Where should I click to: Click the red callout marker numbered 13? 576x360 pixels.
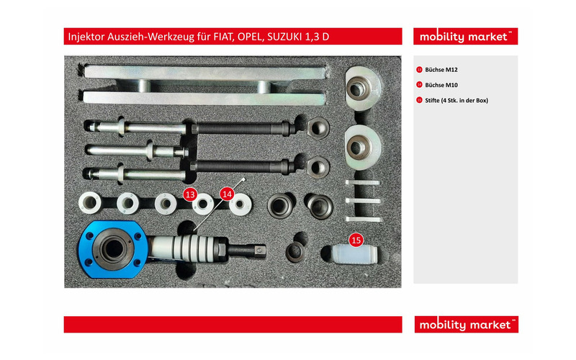point(190,194)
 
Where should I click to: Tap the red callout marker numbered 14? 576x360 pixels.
point(227,194)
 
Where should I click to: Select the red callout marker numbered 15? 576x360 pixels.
point(356,240)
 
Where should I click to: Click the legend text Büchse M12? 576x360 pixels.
point(441,69)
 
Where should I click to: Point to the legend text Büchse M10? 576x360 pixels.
point(441,85)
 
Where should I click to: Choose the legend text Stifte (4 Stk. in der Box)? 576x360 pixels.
point(456,100)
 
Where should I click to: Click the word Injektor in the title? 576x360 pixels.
point(86,37)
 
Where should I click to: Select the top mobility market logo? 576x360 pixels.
point(465,37)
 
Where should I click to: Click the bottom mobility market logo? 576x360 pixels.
point(466,325)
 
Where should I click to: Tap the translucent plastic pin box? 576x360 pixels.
point(354,254)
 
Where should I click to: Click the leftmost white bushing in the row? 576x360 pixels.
point(89,203)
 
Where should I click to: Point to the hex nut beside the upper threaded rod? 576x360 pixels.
point(318,128)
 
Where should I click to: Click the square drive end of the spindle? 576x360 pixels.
point(261,251)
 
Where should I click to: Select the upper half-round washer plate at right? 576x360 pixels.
point(363,88)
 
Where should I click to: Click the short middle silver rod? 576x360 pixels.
point(136,150)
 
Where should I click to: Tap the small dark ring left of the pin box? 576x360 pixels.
point(295,252)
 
